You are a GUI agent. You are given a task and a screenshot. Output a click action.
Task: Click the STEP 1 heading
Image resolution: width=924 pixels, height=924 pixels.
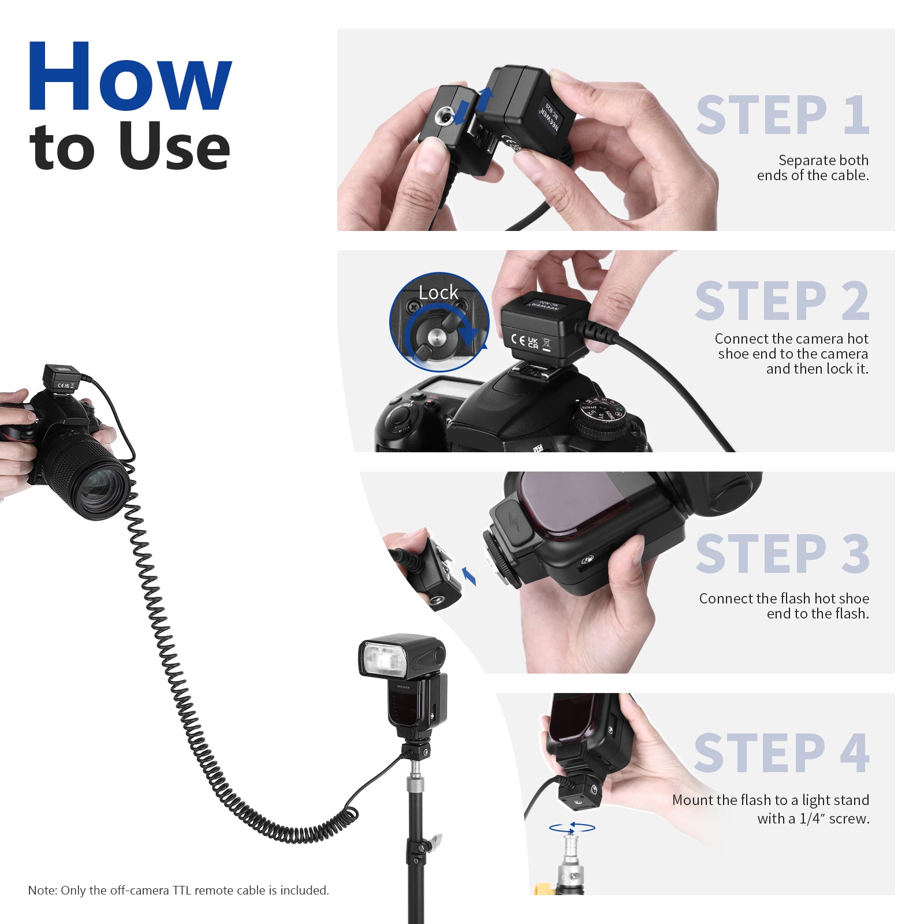pyautogui.click(x=783, y=115)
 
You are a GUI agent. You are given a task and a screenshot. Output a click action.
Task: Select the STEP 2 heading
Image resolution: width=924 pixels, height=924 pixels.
pyautogui.click(x=783, y=301)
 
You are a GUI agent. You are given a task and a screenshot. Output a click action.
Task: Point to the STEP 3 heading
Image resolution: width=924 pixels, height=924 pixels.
pyautogui.click(x=783, y=554)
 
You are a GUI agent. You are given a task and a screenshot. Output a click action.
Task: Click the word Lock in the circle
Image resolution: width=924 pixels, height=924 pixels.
pyautogui.click(x=438, y=293)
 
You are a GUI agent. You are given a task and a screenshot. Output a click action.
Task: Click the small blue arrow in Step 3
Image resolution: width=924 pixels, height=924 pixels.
pyautogui.click(x=469, y=576)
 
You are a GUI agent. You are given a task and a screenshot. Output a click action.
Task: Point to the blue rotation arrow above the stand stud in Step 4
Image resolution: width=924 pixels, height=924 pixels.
pyautogui.click(x=572, y=828)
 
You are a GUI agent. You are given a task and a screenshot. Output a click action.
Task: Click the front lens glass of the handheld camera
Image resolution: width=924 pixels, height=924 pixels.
pyautogui.click(x=104, y=491)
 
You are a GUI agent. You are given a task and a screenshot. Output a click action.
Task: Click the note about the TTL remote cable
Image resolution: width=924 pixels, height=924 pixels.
pyautogui.click(x=178, y=890)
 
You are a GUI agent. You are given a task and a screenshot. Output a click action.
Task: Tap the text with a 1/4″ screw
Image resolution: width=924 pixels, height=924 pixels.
pyautogui.click(x=813, y=818)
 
